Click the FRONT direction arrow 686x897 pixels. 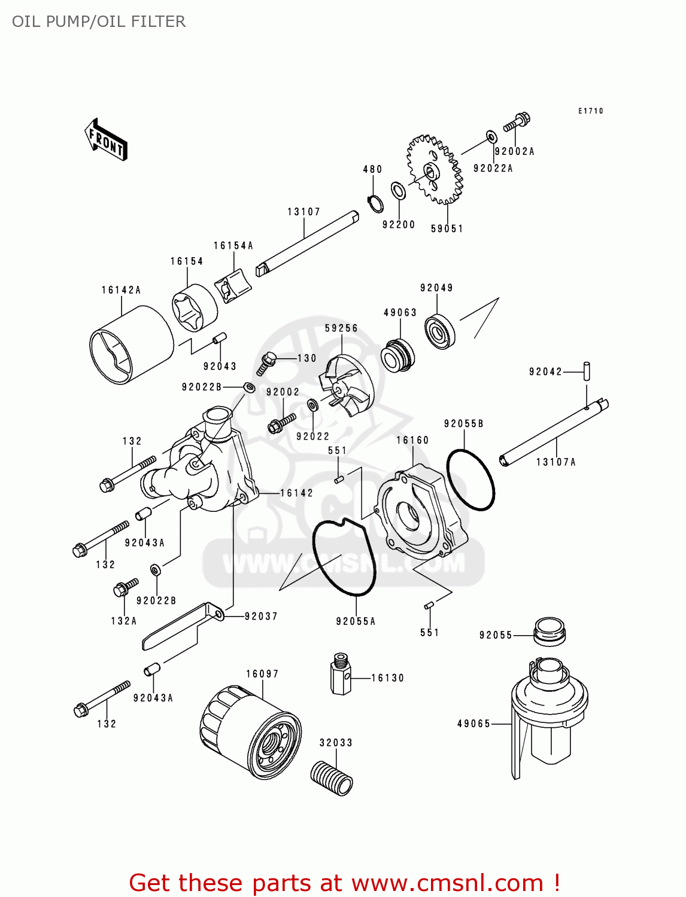pyautogui.click(x=106, y=140)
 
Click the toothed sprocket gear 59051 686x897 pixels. pyautogui.click(x=435, y=170)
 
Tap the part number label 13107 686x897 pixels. pyautogui.click(x=303, y=212)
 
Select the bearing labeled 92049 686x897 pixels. pyautogui.click(x=441, y=330)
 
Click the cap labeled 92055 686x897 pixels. pyautogui.click(x=549, y=631)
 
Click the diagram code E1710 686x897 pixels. pyautogui.click(x=590, y=111)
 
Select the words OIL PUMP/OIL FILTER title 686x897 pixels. pyautogui.click(x=99, y=22)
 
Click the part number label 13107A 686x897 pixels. pyautogui.click(x=556, y=462)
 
